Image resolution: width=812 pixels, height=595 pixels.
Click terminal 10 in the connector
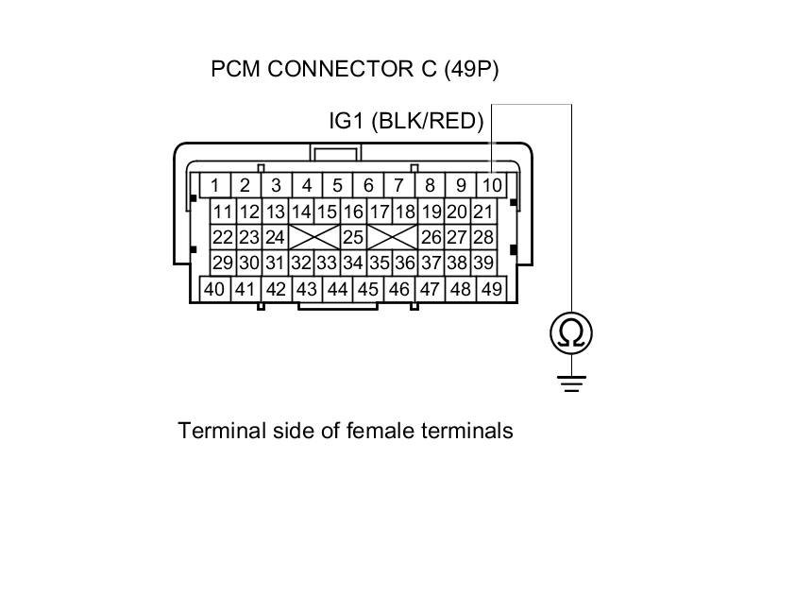(x=492, y=185)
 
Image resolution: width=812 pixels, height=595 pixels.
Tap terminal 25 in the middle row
(x=353, y=237)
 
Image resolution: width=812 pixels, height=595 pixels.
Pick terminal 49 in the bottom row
(x=491, y=289)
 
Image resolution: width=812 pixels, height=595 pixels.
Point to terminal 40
(x=214, y=289)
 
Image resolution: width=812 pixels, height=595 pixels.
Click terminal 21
(x=482, y=212)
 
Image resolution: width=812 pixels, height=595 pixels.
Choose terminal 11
(x=223, y=212)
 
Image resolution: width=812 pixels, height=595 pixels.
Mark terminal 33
(x=327, y=263)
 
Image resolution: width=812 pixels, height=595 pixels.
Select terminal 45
(x=368, y=289)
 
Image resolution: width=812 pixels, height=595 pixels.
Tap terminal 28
(x=482, y=237)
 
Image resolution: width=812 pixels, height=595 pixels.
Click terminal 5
(x=337, y=185)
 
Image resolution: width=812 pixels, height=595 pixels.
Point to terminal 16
(x=353, y=212)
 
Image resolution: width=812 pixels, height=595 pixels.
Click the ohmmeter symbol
(x=571, y=332)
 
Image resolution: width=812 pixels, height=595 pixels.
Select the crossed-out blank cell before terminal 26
(x=392, y=237)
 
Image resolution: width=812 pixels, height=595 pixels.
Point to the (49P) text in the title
(x=467, y=69)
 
